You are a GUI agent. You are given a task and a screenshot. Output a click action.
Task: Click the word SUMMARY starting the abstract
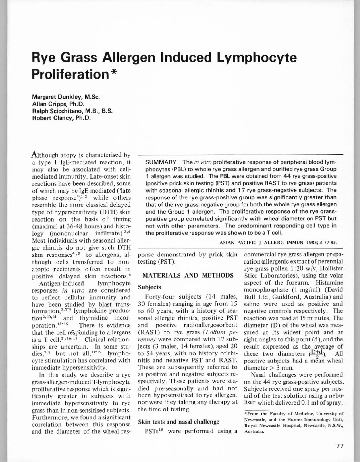[x=161, y=162]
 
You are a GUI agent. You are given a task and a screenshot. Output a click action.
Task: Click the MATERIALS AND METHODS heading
[x=188, y=275]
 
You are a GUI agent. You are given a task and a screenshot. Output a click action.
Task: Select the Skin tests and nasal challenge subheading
[x=178, y=422]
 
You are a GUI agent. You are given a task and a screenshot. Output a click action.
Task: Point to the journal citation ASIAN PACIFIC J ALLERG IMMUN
[x=269, y=242]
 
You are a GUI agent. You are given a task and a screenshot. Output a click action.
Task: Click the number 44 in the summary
[x=284, y=176]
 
